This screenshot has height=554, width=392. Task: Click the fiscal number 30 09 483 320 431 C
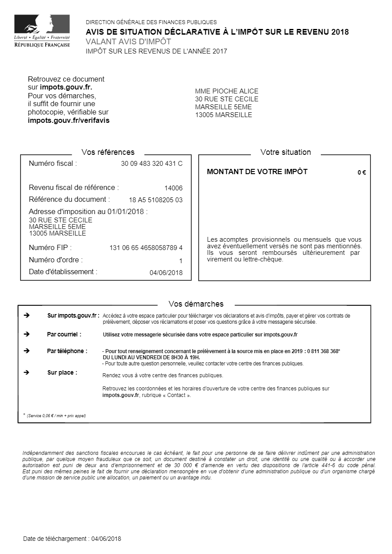click(x=152, y=164)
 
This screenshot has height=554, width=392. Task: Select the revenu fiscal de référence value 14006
click(x=173, y=188)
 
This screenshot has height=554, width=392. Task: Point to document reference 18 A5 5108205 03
click(x=156, y=200)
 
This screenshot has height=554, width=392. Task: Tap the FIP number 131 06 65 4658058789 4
click(x=146, y=248)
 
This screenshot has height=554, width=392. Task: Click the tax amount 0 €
click(x=362, y=172)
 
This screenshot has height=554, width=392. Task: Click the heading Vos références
click(x=108, y=152)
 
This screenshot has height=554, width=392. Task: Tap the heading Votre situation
click(x=286, y=152)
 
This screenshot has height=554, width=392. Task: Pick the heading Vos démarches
click(x=196, y=304)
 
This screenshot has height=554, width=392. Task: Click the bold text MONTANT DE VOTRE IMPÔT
click(x=257, y=172)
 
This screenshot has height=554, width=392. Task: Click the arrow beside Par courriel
click(x=26, y=334)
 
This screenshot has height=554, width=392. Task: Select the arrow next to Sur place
click(x=26, y=372)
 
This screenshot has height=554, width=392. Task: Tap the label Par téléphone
click(x=67, y=351)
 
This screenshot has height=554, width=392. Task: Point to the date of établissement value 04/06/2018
click(x=166, y=273)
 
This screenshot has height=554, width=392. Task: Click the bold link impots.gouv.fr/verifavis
click(x=69, y=120)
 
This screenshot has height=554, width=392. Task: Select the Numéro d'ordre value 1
click(x=180, y=261)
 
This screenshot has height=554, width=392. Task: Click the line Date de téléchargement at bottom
click(x=72, y=539)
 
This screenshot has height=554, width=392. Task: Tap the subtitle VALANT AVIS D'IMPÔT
click(x=128, y=42)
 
